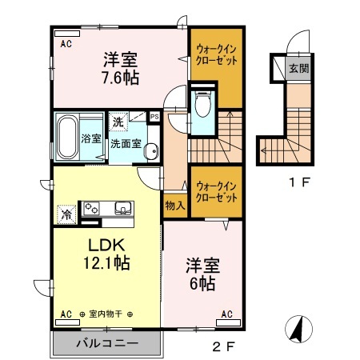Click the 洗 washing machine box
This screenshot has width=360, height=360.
(x=118, y=123)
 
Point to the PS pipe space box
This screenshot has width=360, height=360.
(x=154, y=117)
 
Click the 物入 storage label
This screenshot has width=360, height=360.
(x=174, y=206)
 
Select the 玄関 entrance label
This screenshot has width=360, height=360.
(x=299, y=68)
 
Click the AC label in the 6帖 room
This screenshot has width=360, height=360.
(x=227, y=314)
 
